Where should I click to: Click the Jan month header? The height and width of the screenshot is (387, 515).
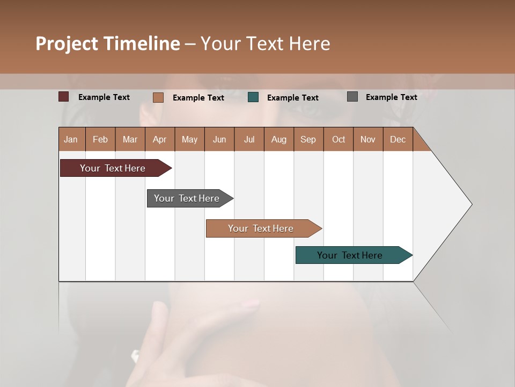point(71,139)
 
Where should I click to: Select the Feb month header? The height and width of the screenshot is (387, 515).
point(100,139)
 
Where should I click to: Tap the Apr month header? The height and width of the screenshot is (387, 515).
point(160,139)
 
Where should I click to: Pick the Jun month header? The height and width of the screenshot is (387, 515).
point(219,139)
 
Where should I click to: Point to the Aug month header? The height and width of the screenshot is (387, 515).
point(279,139)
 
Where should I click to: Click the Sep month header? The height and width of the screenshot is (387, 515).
point(308,139)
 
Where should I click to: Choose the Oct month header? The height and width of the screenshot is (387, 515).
point(339,139)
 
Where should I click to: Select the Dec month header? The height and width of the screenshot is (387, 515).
point(398,139)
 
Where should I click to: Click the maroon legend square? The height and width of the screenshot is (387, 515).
point(64,97)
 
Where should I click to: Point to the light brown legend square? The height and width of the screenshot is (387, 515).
point(158,97)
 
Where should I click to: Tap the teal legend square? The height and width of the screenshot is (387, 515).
point(253,97)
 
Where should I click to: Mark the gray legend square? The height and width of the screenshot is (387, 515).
point(352,97)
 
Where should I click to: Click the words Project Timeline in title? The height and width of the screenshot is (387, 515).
point(108,44)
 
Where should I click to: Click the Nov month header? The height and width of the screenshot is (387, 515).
point(368,139)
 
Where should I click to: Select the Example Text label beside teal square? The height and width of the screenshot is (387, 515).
point(293,98)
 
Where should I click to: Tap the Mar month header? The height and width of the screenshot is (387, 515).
point(130,139)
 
